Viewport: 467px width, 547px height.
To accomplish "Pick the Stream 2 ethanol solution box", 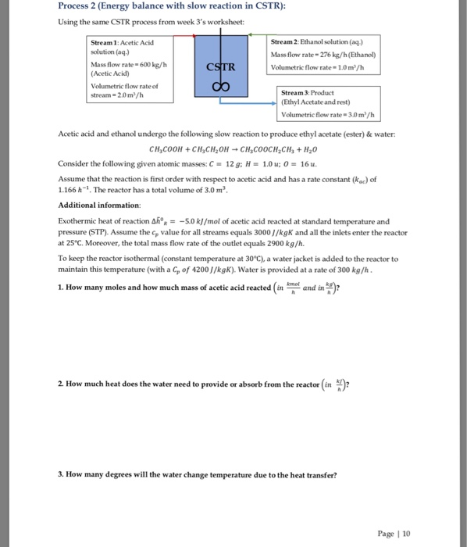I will click(325, 54).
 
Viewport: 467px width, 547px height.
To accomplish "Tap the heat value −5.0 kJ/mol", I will click(204, 221).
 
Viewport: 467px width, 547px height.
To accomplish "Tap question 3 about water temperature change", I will click(198, 474).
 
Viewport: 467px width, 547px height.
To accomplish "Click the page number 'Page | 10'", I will click(396, 533).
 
